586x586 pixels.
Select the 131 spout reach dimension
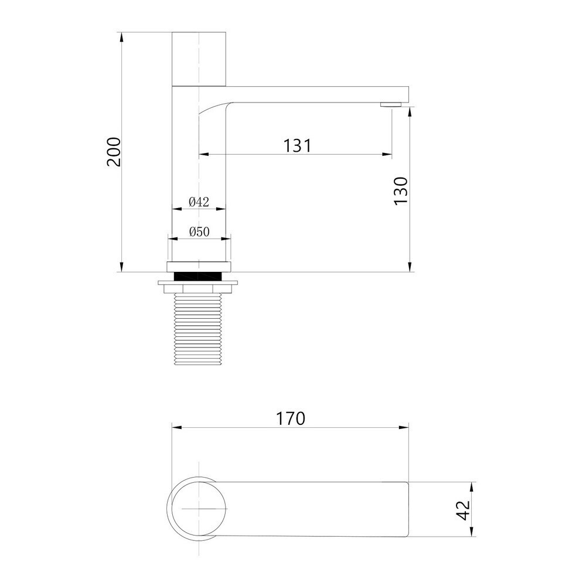[x=297, y=145]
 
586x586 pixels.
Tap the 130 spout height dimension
[x=401, y=191]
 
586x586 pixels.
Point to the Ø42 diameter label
[x=199, y=202]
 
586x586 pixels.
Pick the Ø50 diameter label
[x=199, y=231]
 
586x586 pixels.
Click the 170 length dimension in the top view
[x=291, y=418]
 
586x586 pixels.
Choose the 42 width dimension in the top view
[x=464, y=510]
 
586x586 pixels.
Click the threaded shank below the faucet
[x=199, y=329]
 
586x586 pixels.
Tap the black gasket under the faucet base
[x=199, y=276]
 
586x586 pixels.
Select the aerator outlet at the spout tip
[x=391, y=105]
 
